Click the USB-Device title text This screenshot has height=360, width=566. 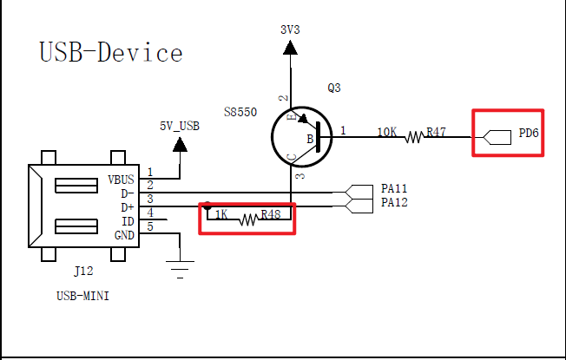point(111,52)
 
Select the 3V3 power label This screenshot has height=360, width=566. point(290,29)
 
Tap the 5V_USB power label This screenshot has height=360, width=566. point(180,126)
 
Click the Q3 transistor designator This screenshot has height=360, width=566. point(334,88)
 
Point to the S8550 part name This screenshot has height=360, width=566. point(240,113)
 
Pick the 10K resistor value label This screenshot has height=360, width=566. point(387,133)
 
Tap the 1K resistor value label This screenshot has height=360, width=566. point(222,213)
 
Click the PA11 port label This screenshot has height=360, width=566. point(394,188)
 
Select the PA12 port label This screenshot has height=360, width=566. point(394,202)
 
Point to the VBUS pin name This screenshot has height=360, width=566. point(122,180)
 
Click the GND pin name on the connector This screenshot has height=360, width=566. point(125,234)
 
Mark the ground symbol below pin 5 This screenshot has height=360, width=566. point(180,269)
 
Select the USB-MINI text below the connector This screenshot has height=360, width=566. point(82,296)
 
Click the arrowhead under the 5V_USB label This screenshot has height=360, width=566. point(180,143)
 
